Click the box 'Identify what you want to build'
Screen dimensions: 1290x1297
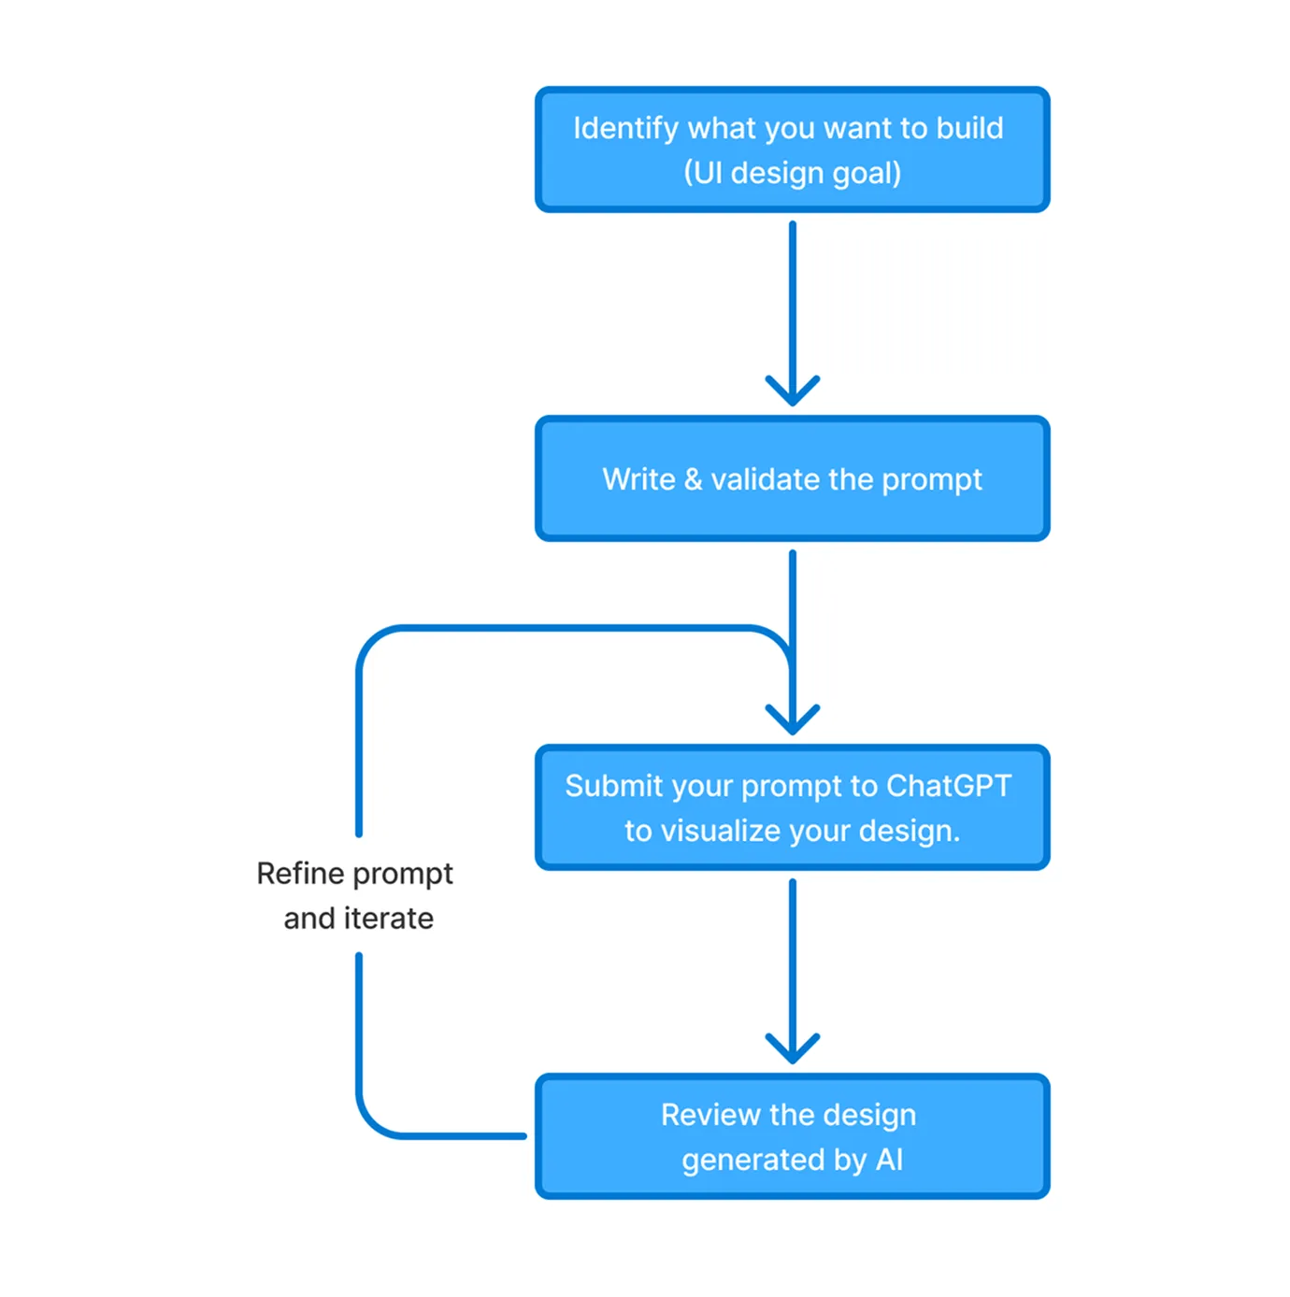click(x=792, y=150)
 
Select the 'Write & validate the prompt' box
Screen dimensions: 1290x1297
click(x=792, y=478)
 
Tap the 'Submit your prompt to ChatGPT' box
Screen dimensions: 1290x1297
click(x=792, y=807)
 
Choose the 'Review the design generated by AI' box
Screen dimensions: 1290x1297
click(x=792, y=1136)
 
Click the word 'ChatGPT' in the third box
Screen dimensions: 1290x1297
click(x=949, y=786)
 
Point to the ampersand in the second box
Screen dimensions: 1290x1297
click(x=693, y=479)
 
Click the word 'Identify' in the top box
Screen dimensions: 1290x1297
click(x=625, y=129)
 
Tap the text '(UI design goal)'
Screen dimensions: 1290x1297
click(x=792, y=173)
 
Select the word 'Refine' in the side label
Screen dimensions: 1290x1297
click(x=300, y=874)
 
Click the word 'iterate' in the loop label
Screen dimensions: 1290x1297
click(x=389, y=918)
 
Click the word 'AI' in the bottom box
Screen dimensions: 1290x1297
click(x=889, y=1160)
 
